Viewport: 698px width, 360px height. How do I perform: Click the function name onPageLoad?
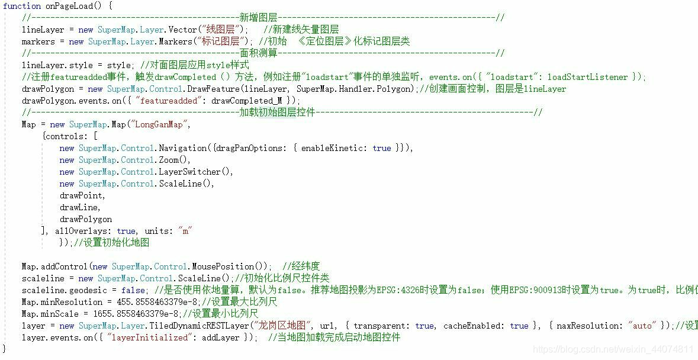click(x=70, y=6)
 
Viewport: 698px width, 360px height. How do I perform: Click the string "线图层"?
click(x=222, y=30)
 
